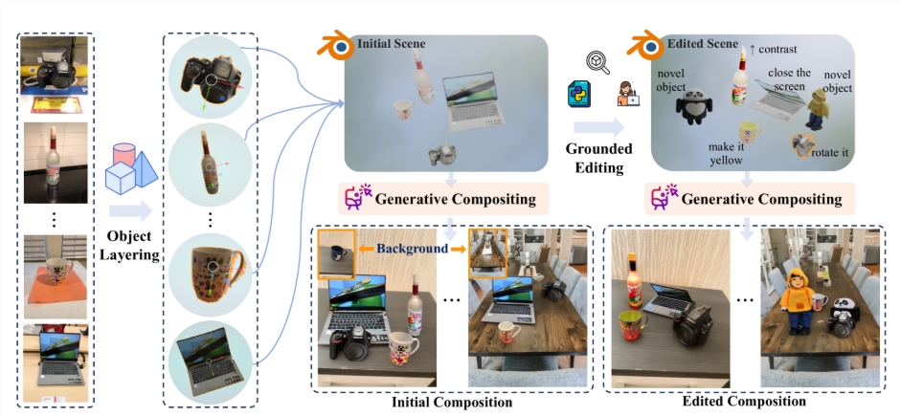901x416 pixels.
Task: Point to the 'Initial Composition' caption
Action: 452,402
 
